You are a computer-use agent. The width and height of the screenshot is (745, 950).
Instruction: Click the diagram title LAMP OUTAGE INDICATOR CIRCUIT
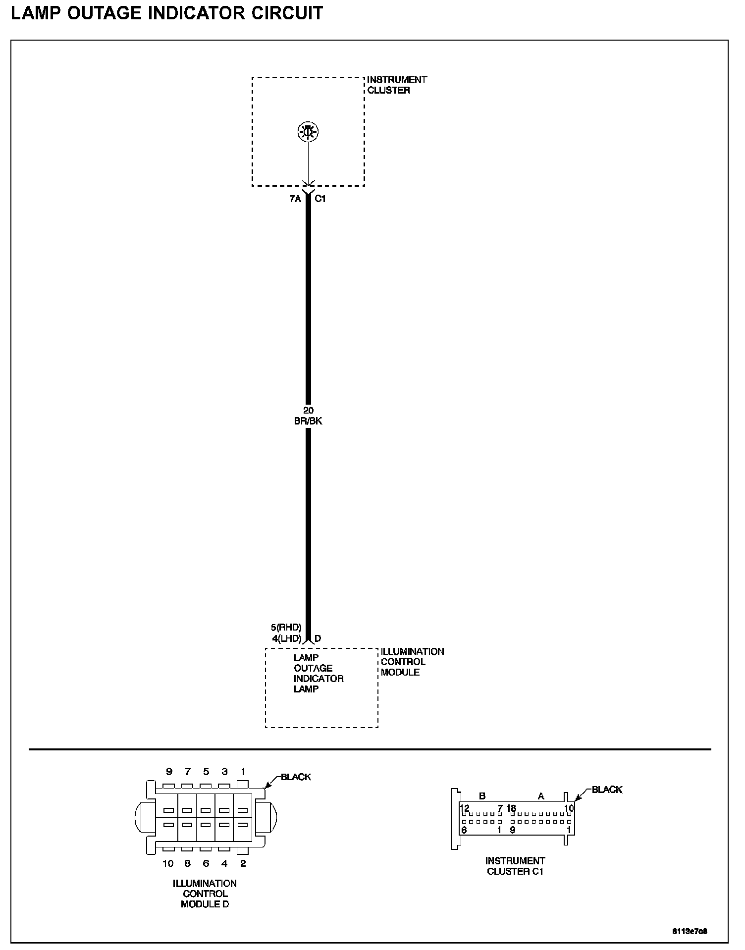click(167, 13)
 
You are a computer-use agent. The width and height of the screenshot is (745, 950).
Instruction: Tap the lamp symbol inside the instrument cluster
click(308, 132)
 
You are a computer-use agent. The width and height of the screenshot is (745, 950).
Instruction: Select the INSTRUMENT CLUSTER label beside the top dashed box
click(396, 85)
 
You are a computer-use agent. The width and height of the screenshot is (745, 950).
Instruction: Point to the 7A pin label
click(295, 199)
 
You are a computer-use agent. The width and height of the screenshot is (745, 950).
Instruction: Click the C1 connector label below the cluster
click(320, 199)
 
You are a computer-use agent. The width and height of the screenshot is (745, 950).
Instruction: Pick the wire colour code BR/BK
click(308, 421)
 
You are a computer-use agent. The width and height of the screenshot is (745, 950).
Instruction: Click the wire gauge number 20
click(308, 411)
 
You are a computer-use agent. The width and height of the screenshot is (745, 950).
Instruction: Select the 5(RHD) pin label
click(286, 628)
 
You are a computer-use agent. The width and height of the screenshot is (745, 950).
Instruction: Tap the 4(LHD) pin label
click(286, 638)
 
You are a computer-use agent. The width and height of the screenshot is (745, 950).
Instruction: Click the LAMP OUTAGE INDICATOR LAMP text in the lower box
click(318, 673)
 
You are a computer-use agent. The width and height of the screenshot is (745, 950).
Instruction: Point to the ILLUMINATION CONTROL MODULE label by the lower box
click(412, 662)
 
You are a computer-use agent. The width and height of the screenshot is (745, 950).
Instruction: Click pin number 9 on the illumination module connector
click(169, 772)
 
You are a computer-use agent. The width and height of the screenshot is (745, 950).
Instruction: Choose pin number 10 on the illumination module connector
click(168, 863)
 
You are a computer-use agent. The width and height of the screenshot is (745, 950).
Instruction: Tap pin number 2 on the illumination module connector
click(243, 863)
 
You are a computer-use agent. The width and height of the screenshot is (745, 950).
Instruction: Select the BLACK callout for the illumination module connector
click(296, 777)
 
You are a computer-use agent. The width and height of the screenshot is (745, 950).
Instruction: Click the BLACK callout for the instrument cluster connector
click(607, 790)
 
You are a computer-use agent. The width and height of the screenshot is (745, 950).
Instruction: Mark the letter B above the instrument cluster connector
click(482, 796)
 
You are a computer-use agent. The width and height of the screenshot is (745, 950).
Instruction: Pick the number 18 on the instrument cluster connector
click(511, 808)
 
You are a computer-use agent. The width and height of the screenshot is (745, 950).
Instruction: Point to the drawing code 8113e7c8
click(690, 931)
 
